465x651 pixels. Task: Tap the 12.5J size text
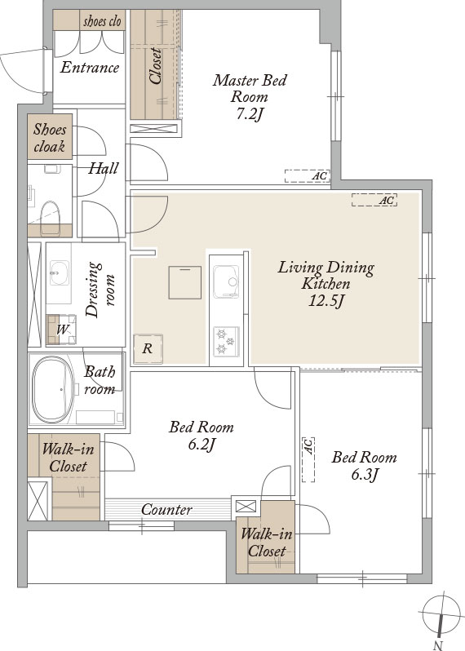tap(326, 301)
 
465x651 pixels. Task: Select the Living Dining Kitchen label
tap(326, 275)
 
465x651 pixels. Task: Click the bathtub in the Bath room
tap(53, 389)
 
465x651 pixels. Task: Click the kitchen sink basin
tap(226, 282)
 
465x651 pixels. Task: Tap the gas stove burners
tap(226, 341)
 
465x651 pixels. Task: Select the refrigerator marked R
tap(148, 349)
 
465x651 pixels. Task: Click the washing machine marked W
tap(61, 330)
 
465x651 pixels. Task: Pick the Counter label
tap(166, 509)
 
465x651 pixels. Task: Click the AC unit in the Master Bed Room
tap(308, 176)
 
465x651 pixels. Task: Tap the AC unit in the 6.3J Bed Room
tap(308, 459)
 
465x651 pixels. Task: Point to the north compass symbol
tap(440, 614)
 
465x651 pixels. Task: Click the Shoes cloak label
tap(50, 138)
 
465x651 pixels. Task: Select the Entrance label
tap(89, 67)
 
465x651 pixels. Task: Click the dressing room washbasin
tap(60, 272)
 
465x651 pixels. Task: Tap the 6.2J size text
tap(201, 445)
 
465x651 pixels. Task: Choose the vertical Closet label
tap(155, 66)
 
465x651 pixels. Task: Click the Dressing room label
tap(99, 290)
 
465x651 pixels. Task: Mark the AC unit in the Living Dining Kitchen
tap(374, 200)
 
